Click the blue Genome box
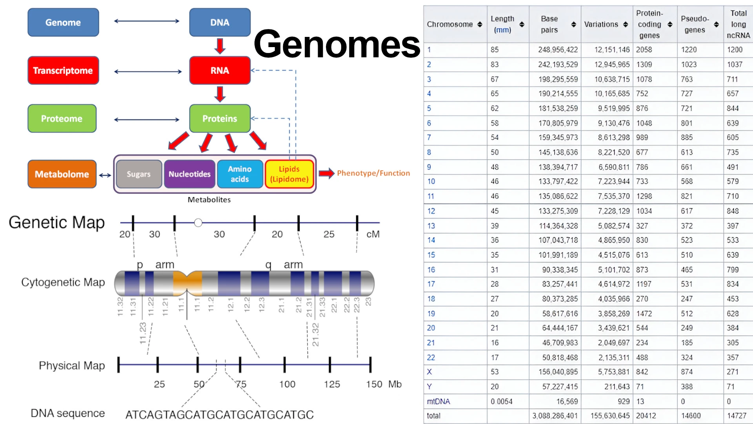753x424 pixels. click(63, 22)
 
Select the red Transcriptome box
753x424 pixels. click(63, 70)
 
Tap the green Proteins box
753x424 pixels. click(220, 118)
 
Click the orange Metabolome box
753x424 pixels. click(62, 174)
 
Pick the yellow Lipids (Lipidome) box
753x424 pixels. click(289, 174)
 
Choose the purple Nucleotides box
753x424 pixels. click(189, 174)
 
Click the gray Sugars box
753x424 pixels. click(139, 174)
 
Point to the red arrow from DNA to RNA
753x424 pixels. click(220, 46)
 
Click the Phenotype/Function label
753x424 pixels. click(373, 173)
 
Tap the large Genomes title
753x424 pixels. click(336, 44)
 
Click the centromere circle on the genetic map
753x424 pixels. click(198, 223)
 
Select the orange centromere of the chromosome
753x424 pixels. click(187, 283)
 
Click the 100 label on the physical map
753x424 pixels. click(287, 384)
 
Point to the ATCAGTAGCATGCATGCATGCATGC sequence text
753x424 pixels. click(219, 415)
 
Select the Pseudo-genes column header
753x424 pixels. click(695, 24)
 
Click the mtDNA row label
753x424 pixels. click(438, 401)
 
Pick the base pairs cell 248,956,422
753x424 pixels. click(558, 50)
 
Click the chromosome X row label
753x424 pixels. click(429, 372)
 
